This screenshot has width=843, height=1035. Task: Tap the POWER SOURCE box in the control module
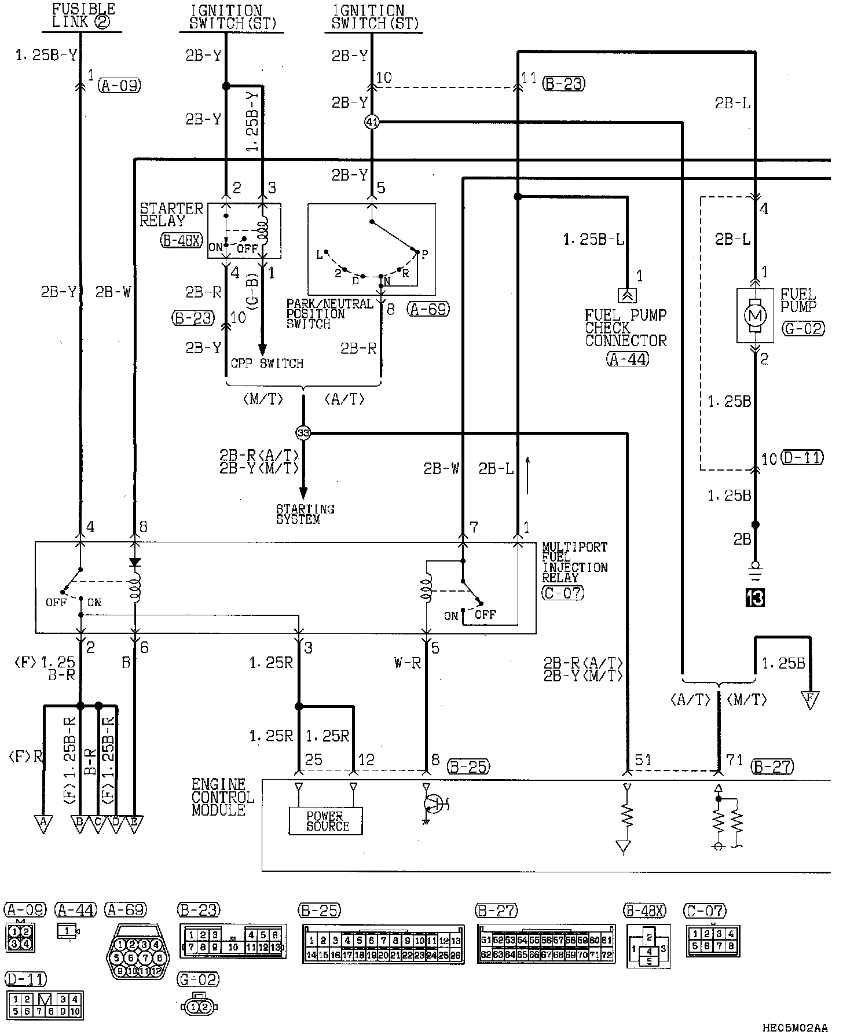[326, 821]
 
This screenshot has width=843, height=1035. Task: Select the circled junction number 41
[372, 122]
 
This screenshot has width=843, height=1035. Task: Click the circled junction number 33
[303, 432]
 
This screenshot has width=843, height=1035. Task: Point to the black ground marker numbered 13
[755, 597]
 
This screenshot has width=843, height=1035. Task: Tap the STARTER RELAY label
[171, 214]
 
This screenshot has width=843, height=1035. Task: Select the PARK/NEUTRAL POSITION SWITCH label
[329, 314]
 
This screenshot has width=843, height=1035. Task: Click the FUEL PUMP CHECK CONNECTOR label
[625, 328]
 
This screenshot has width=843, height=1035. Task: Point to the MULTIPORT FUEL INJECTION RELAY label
[574, 562]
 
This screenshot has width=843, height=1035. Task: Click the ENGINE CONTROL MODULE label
[223, 797]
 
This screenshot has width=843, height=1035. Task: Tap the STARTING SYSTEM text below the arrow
[305, 514]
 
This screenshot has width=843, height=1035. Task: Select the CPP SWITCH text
[267, 364]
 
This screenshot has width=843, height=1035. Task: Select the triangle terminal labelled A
[43, 823]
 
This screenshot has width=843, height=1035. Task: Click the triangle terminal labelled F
[810, 699]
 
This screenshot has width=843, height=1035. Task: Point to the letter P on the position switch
[424, 254]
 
